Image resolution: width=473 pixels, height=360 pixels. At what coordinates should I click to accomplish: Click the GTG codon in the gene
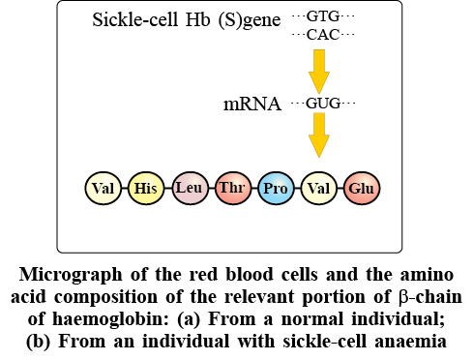(x=323, y=15)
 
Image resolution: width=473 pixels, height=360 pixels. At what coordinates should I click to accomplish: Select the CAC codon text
(x=323, y=35)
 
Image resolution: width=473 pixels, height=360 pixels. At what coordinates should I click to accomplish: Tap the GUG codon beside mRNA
(x=323, y=104)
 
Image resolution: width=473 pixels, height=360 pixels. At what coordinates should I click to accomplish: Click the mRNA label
(x=252, y=104)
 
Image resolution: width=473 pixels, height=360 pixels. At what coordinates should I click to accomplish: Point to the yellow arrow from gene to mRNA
(x=319, y=72)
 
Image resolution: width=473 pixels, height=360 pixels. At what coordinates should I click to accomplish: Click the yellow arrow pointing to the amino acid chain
(x=319, y=135)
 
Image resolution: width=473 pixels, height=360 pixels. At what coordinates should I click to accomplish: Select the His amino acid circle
(x=146, y=188)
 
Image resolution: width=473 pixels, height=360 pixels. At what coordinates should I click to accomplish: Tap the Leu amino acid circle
(x=190, y=188)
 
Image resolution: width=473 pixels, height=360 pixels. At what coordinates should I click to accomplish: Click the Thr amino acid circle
(x=232, y=188)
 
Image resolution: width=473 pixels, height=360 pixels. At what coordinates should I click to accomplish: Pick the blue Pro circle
(x=276, y=188)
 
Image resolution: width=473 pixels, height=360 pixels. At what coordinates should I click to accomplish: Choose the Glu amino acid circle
(x=362, y=188)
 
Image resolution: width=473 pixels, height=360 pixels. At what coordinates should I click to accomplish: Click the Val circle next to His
(x=103, y=188)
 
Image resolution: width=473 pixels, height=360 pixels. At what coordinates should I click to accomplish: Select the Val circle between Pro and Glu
(x=318, y=188)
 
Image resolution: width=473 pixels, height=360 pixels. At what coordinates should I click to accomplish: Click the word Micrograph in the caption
(x=71, y=276)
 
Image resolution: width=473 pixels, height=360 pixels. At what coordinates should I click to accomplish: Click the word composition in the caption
(x=105, y=297)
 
